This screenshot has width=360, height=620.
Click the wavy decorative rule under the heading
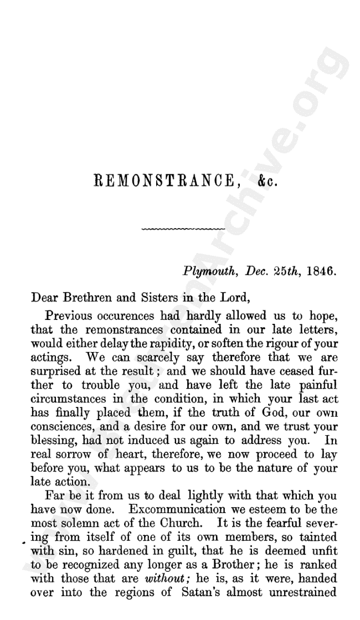tap(184, 228)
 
